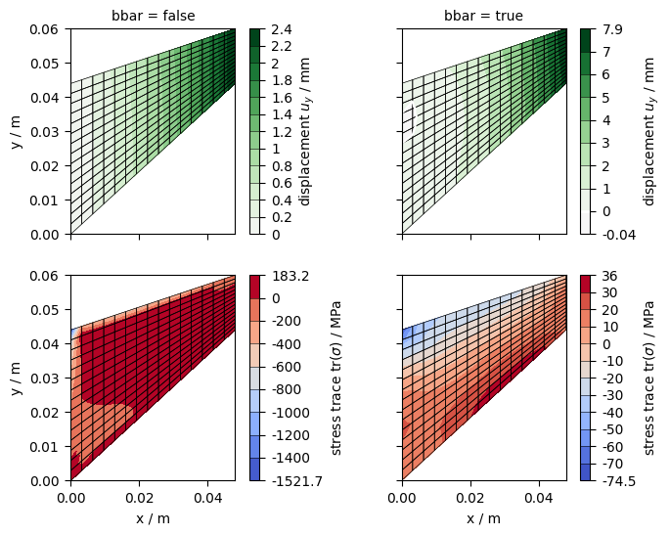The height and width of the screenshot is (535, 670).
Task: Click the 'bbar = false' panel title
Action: [153, 16]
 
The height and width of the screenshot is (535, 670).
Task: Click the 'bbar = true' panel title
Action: [483, 16]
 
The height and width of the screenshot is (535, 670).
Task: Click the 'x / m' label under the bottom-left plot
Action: [153, 518]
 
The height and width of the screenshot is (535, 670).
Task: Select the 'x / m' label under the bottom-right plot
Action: [483, 518]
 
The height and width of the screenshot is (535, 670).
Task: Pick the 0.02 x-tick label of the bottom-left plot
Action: [139, 498]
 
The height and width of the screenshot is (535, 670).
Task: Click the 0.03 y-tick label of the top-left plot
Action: [45, 132]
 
